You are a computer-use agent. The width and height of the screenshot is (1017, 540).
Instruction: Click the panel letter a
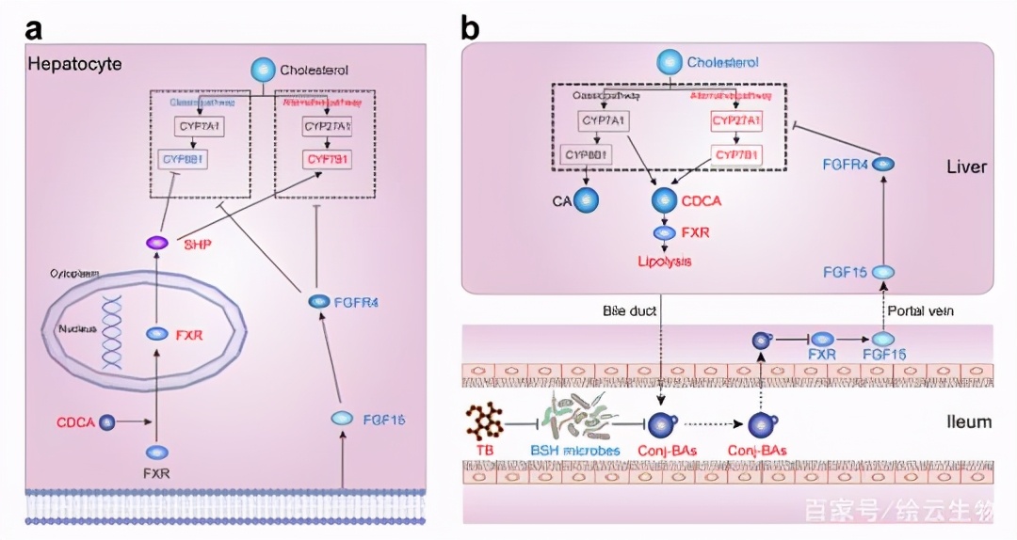coord(35,28)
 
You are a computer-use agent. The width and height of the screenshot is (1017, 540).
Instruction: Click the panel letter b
coord(470,28)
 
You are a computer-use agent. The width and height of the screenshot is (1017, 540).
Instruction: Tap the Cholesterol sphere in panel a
coord(263,70)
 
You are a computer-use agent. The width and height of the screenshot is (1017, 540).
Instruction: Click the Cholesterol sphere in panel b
coord(668,63)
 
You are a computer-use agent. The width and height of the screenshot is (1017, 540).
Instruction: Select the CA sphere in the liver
coord(585,199)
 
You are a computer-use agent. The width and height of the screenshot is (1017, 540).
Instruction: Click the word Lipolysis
coord(666,261)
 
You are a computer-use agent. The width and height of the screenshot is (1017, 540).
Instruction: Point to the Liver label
coord(967,167)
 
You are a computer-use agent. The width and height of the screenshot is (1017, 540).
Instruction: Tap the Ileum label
coord(969,421)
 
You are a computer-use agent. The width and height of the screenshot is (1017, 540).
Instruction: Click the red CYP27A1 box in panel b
coord(736,121)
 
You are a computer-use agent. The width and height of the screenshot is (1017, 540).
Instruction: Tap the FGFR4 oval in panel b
coord(883,163)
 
